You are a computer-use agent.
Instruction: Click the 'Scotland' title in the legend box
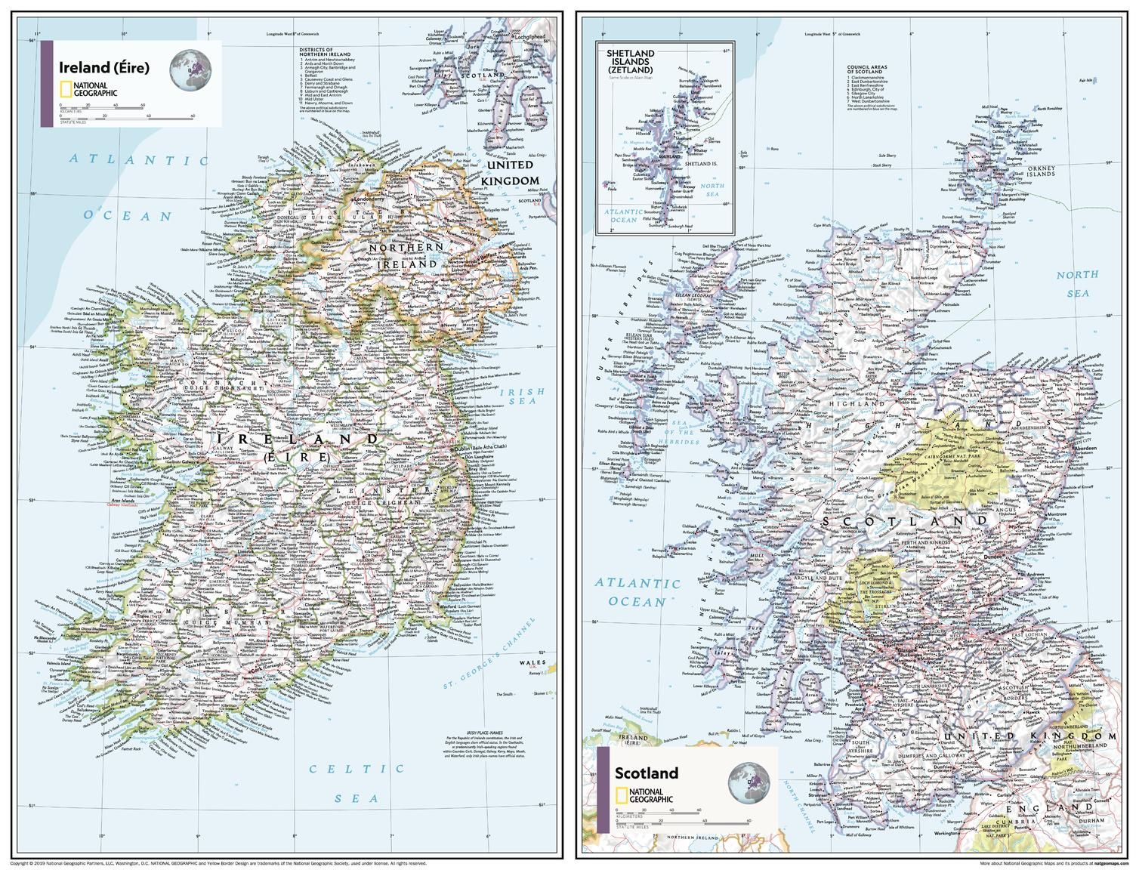pos(646,773)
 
